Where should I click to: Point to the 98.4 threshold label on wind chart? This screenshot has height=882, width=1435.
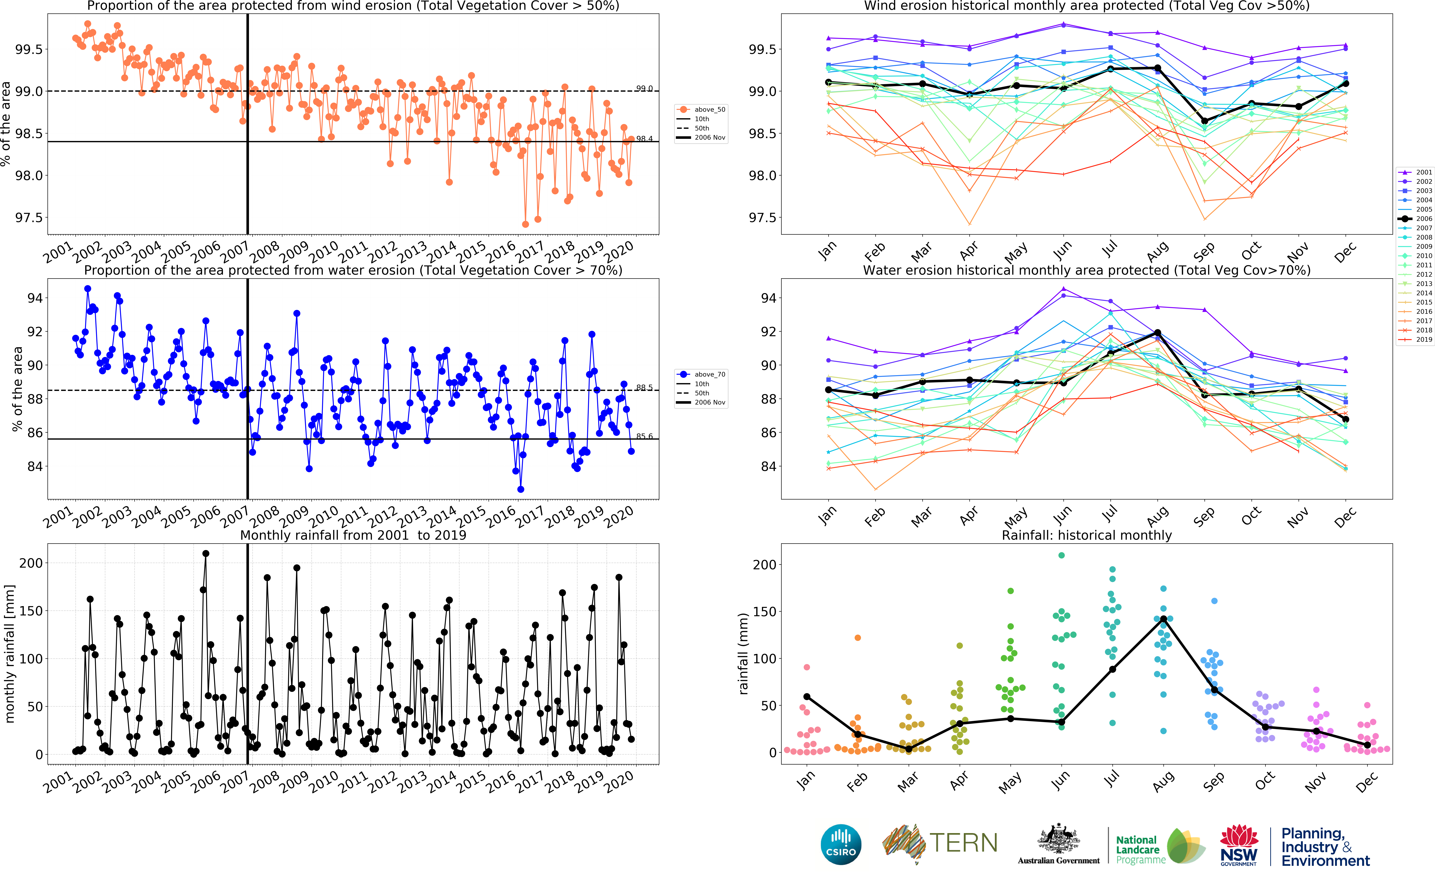coord(644,139)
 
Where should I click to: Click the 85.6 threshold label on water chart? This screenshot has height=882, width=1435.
coord(644,436)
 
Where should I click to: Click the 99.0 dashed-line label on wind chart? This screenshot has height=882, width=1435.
coord(644,89)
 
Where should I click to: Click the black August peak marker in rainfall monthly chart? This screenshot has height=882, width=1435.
coord(1163,619)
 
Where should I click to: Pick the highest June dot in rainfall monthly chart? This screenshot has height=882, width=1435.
coord(1061,555)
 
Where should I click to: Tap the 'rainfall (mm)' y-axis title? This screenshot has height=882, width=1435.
coord(743,653)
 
